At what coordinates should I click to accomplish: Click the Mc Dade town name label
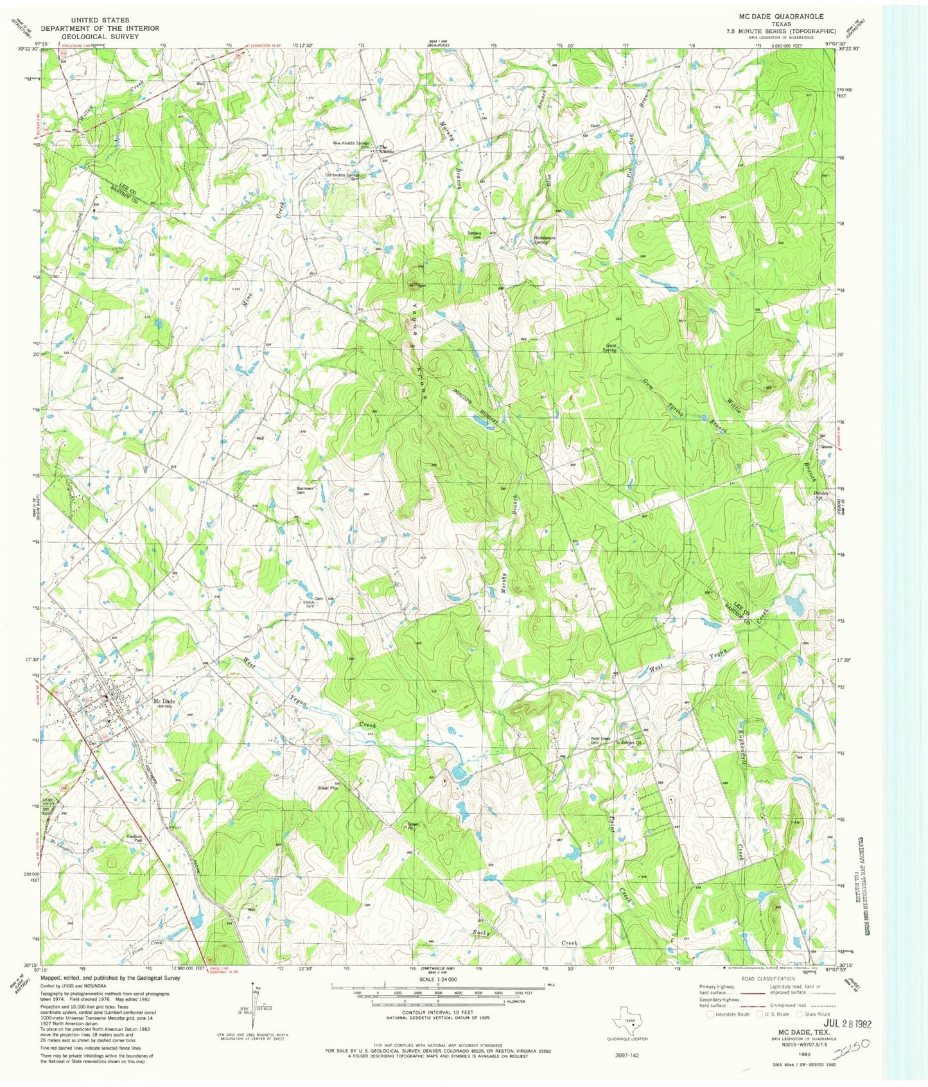[x=164, y=702]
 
